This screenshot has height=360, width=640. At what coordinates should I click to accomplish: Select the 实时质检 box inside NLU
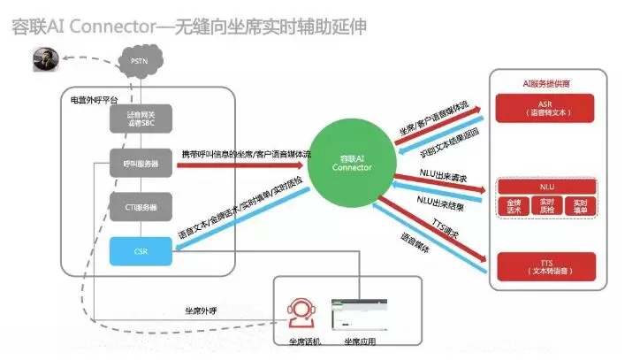coord(546,206)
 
